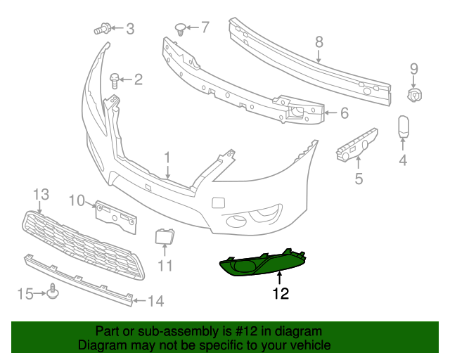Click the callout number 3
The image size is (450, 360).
[x=129, y=29]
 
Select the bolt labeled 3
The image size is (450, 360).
[x=101, y=29]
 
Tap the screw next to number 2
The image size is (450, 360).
[x=115, y=79]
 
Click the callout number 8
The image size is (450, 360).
[x=319, y=41]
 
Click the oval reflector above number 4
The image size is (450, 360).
[x=403, y=127]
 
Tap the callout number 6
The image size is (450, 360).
[x=345, y=112]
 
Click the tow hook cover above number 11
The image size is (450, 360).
[x=165, y=236]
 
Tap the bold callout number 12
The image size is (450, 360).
[x=281, y=294]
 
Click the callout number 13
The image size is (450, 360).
[x=41, y=193]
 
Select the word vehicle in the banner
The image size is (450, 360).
[x=309, y=345]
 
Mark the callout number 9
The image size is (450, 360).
[x=414, y=68]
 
